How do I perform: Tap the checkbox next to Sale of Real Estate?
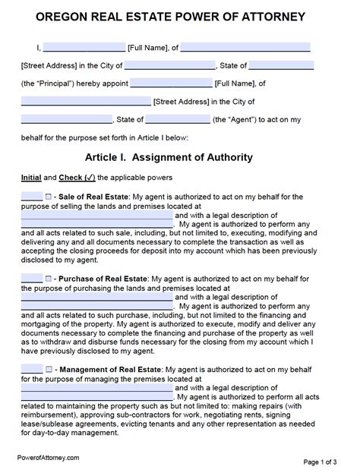[48, 197]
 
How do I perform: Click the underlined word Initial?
[31, 178]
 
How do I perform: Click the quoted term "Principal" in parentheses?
[54, 84]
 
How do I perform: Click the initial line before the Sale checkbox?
[31, 197]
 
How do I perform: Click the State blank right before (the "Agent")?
[177, 119]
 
